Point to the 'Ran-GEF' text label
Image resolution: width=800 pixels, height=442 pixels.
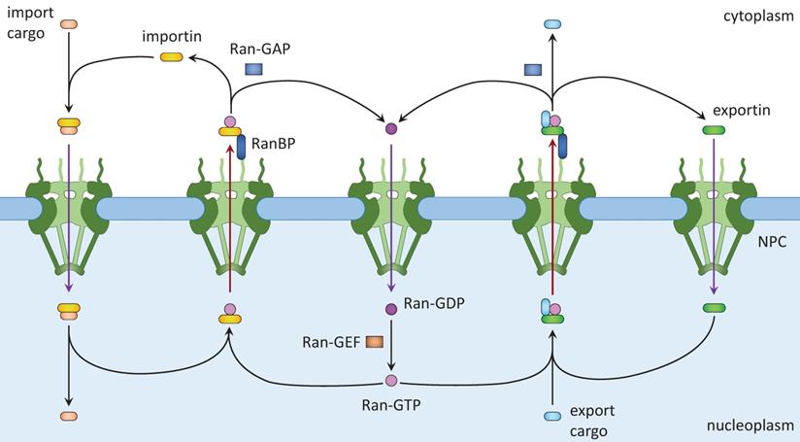[x=330, y=341]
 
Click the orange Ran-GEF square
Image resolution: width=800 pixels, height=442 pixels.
[x=374, y=341]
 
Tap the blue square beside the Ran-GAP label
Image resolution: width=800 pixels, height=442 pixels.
[x=254, y=69]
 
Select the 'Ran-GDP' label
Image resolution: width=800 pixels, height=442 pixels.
[x=436, y=304]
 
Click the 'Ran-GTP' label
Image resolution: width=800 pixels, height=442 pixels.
[x=389, y=400]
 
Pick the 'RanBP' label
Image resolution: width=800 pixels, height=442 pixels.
[x=273, y=143]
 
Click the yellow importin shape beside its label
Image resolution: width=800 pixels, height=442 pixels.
[x=172, y=58]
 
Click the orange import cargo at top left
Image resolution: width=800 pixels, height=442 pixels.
[x=68, y=23]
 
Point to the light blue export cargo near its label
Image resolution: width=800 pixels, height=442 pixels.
[x=552, y=417]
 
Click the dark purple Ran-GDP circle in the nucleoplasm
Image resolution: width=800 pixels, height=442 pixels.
[x=391, y=309]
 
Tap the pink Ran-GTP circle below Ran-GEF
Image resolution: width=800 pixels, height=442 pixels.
[x=391, y=380]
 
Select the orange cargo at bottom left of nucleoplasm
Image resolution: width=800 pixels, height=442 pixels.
[x=69, y=416]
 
